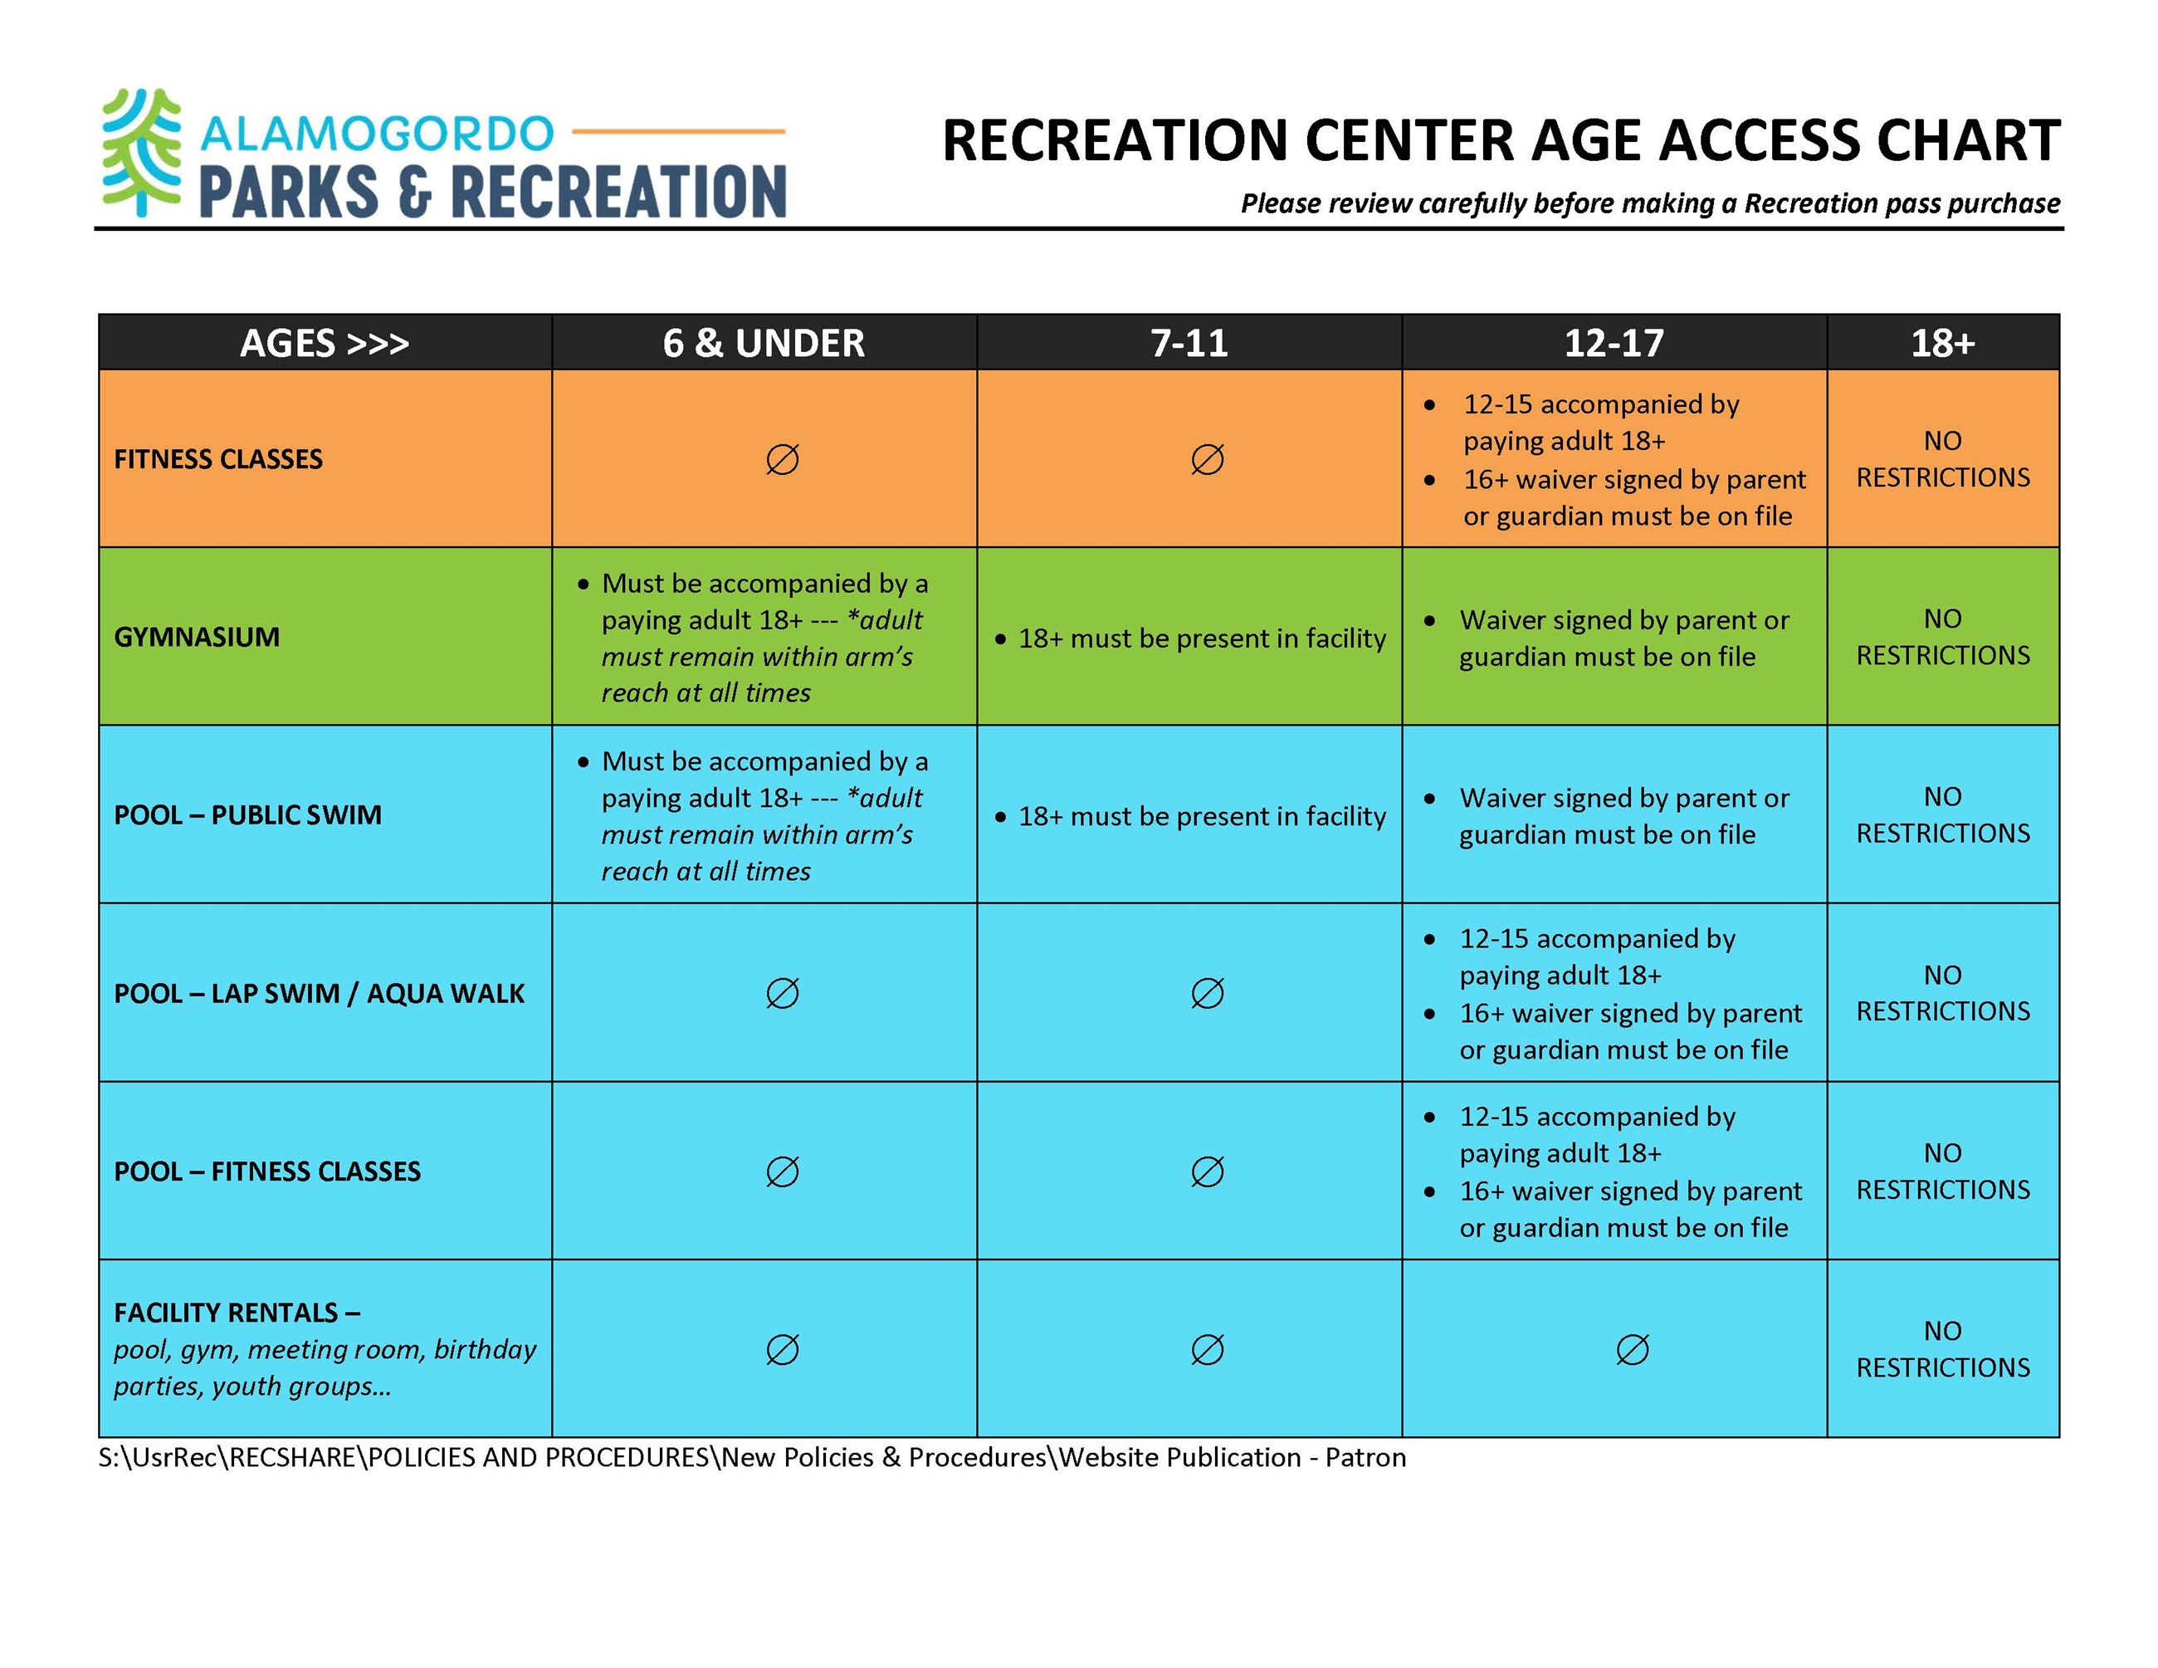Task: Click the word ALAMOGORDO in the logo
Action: point(377,134)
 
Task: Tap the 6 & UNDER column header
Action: point(763,343)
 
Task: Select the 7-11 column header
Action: point(1189,343)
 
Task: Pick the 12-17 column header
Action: point(1614,343)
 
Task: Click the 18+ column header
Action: point(1941,343)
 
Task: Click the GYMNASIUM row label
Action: point(197,636)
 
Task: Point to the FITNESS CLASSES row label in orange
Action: point(218,458)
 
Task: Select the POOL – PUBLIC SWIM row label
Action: point(247,814)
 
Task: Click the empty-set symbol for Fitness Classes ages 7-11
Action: point(1207,458)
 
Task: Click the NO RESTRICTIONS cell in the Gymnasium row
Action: point(1941,636)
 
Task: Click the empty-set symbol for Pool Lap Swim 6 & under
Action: point(782,993)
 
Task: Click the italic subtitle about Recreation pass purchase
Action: point(1649,203)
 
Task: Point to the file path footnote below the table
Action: point(751,1457)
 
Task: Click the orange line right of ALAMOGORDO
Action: point(678,130)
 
